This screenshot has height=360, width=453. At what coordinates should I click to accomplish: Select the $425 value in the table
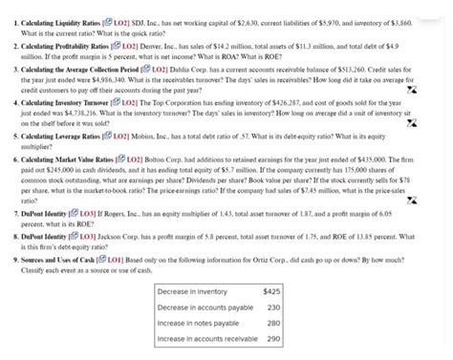270,290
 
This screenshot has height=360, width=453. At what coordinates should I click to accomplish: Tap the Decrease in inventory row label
194,290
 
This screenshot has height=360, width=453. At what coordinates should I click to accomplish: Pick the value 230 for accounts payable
272,307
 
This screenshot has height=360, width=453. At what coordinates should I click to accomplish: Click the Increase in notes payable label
199,323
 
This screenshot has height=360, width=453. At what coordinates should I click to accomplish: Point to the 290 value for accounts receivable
272,339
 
